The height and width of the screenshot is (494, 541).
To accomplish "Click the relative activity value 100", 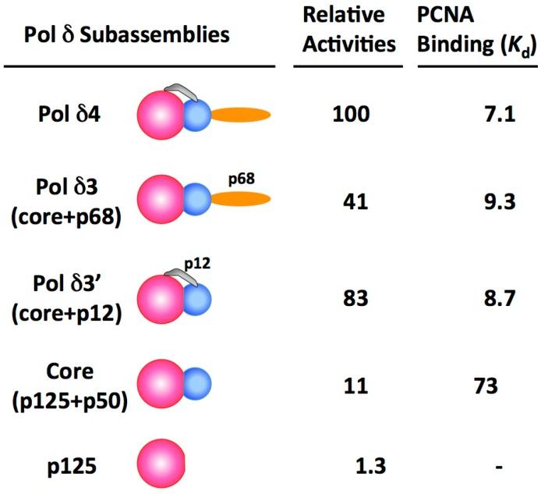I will click(x=343, y=116).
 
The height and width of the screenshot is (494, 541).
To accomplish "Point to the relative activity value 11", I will click(x=343, y=385).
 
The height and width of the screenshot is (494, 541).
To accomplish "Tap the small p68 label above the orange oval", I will click(x=242, y=179).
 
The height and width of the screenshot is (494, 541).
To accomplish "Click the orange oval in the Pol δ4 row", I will click(x=241, y=116).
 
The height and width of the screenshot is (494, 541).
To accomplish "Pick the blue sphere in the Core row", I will click(x=196, y=383).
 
